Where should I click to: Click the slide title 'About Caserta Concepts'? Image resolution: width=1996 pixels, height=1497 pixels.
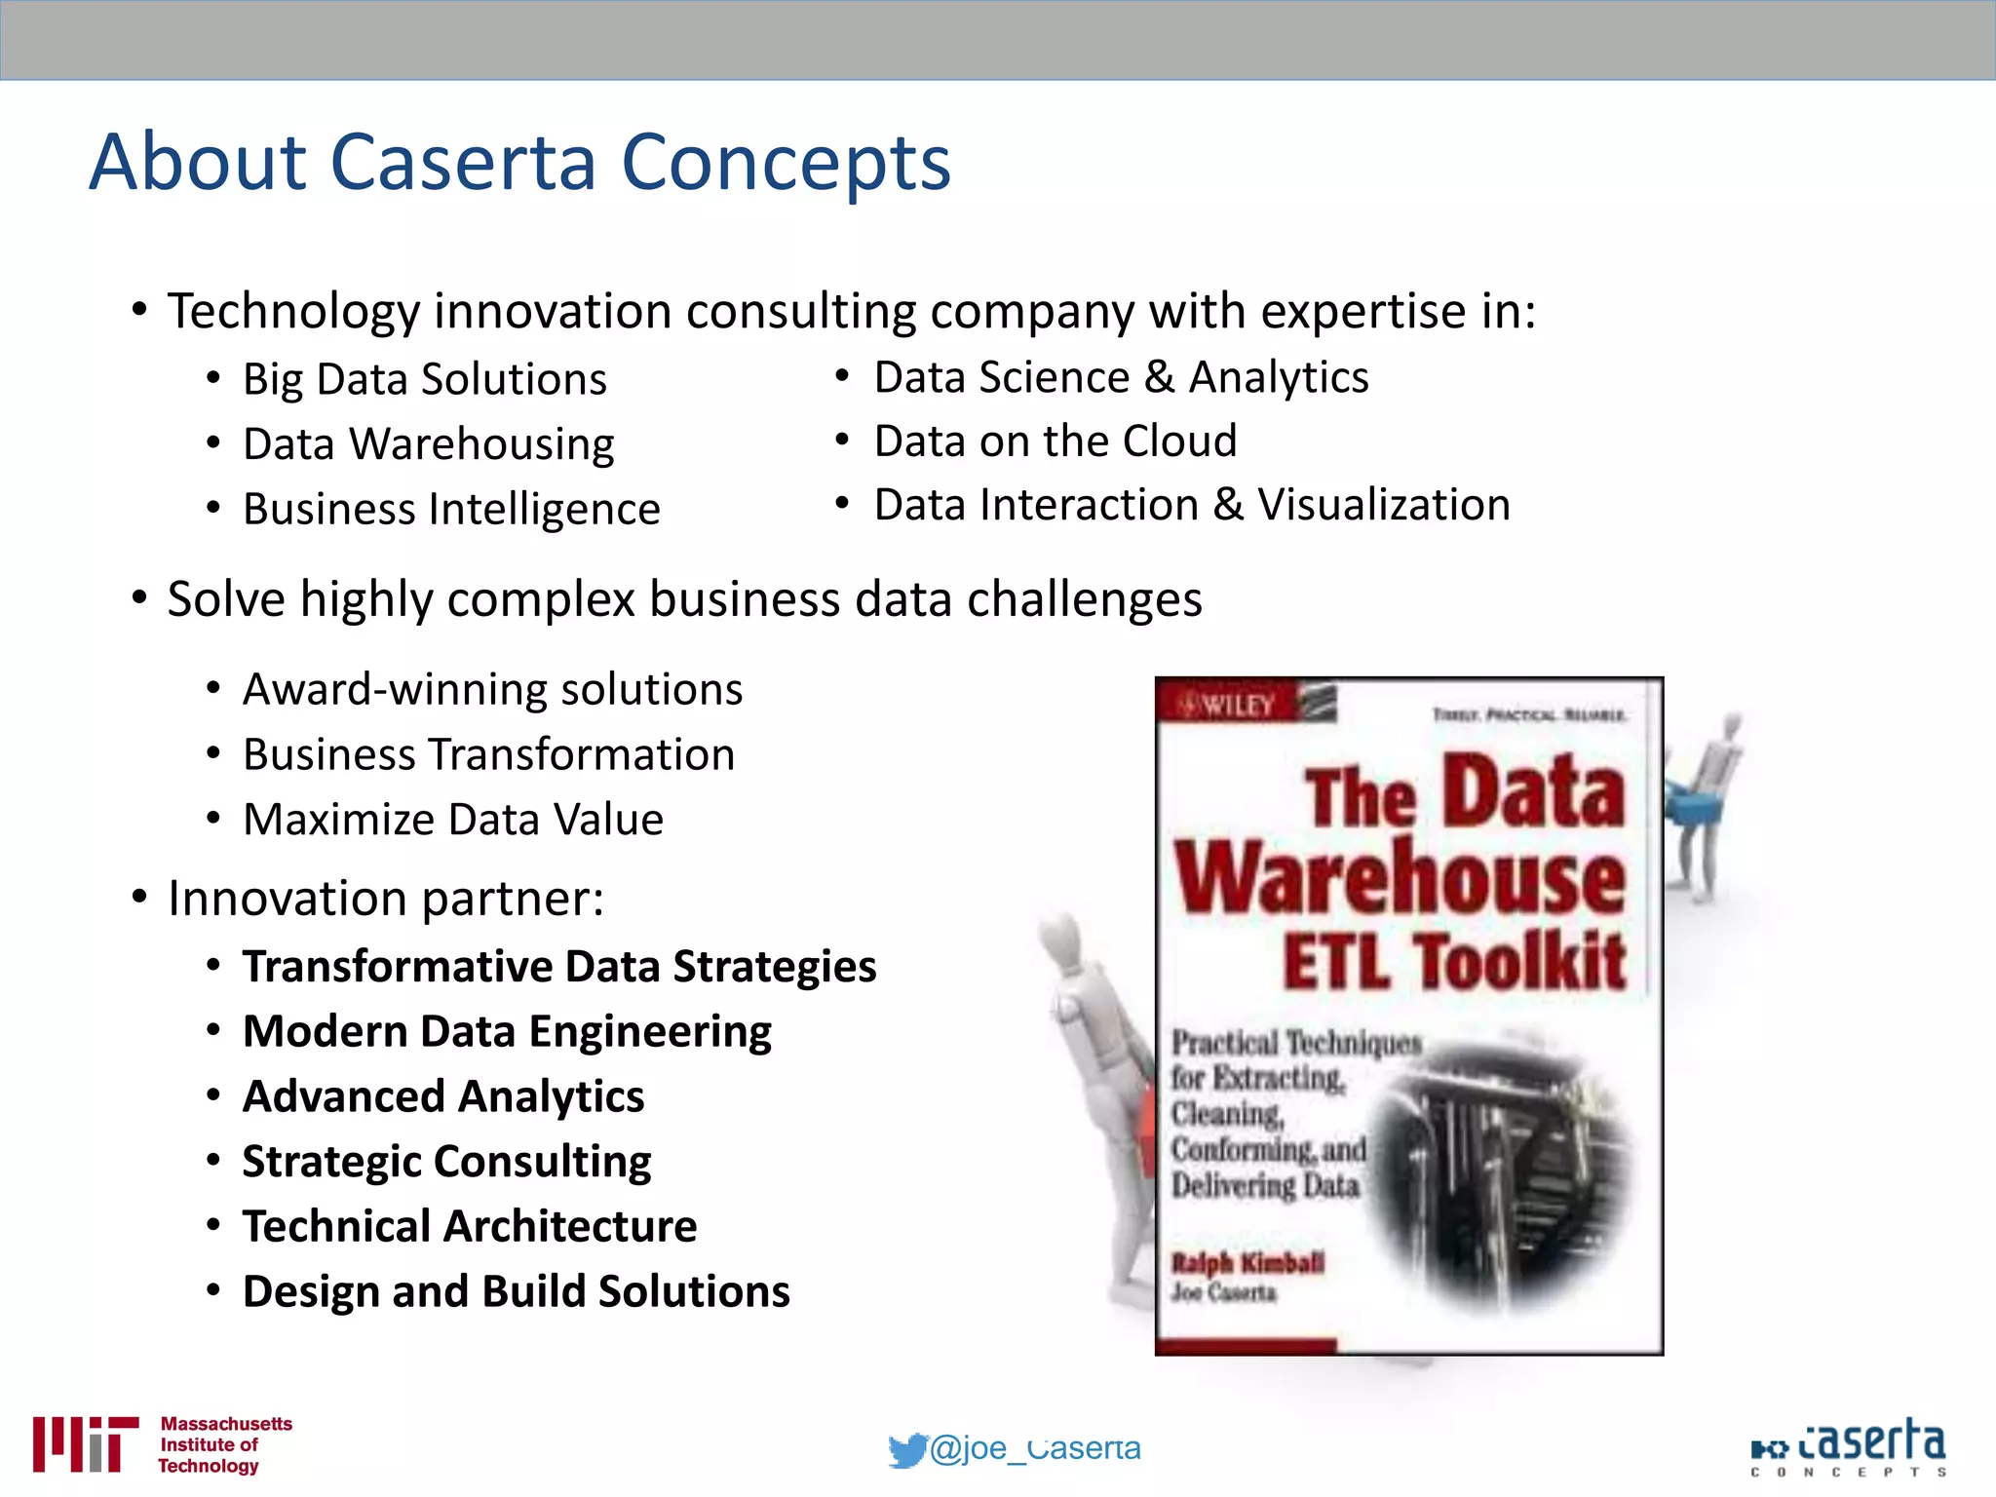point(519,162)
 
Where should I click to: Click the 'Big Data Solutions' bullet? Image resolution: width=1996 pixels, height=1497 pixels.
point(424,379)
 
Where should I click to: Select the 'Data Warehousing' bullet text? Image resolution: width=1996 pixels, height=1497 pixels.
point(428,444)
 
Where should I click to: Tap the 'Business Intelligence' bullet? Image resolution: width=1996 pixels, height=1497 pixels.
point(451,510)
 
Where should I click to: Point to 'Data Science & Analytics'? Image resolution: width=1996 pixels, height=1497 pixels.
point(1121,377)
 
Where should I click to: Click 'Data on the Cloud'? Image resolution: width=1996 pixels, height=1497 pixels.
point(1056,441)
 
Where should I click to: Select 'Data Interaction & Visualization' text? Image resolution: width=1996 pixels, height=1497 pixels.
point(1192,505)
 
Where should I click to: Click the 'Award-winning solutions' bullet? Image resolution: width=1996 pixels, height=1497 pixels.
point(492,690)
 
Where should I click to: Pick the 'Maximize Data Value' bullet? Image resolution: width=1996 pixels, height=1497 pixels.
point(453,820)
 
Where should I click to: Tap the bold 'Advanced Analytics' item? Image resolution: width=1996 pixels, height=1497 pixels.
point(443,1096)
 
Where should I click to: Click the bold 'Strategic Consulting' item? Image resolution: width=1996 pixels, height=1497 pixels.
point(446,1162)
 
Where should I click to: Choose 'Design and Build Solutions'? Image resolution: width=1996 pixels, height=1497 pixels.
point(516,1291)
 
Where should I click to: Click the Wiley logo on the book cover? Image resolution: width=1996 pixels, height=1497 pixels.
point(1230,704)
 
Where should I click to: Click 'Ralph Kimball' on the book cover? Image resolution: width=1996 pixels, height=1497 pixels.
point(1247,1263)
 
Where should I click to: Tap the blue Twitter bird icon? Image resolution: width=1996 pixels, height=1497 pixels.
point(907,1450)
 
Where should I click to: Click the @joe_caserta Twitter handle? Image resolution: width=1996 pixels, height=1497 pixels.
point(1035,1448)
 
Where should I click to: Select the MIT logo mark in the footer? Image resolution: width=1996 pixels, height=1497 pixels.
point(85,1443)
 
